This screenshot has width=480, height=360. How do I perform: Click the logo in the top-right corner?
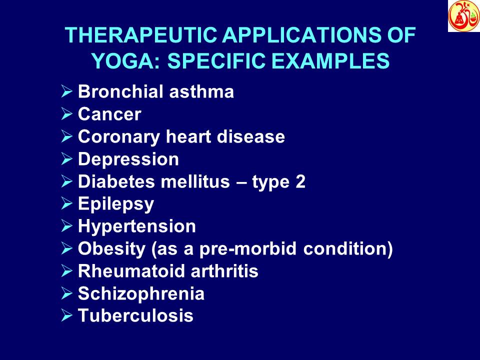(463, 16)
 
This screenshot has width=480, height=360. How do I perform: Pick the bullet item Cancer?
(109, 115)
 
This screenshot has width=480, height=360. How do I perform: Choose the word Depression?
(128, 159)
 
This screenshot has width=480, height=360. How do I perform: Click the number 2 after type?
(300, 182)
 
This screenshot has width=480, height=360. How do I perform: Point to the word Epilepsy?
(116, 204)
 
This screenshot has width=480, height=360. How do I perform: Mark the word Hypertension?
(137, 226)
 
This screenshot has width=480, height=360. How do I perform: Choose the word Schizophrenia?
(141, 294)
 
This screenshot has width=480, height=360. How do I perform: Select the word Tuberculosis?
(135, 316)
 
